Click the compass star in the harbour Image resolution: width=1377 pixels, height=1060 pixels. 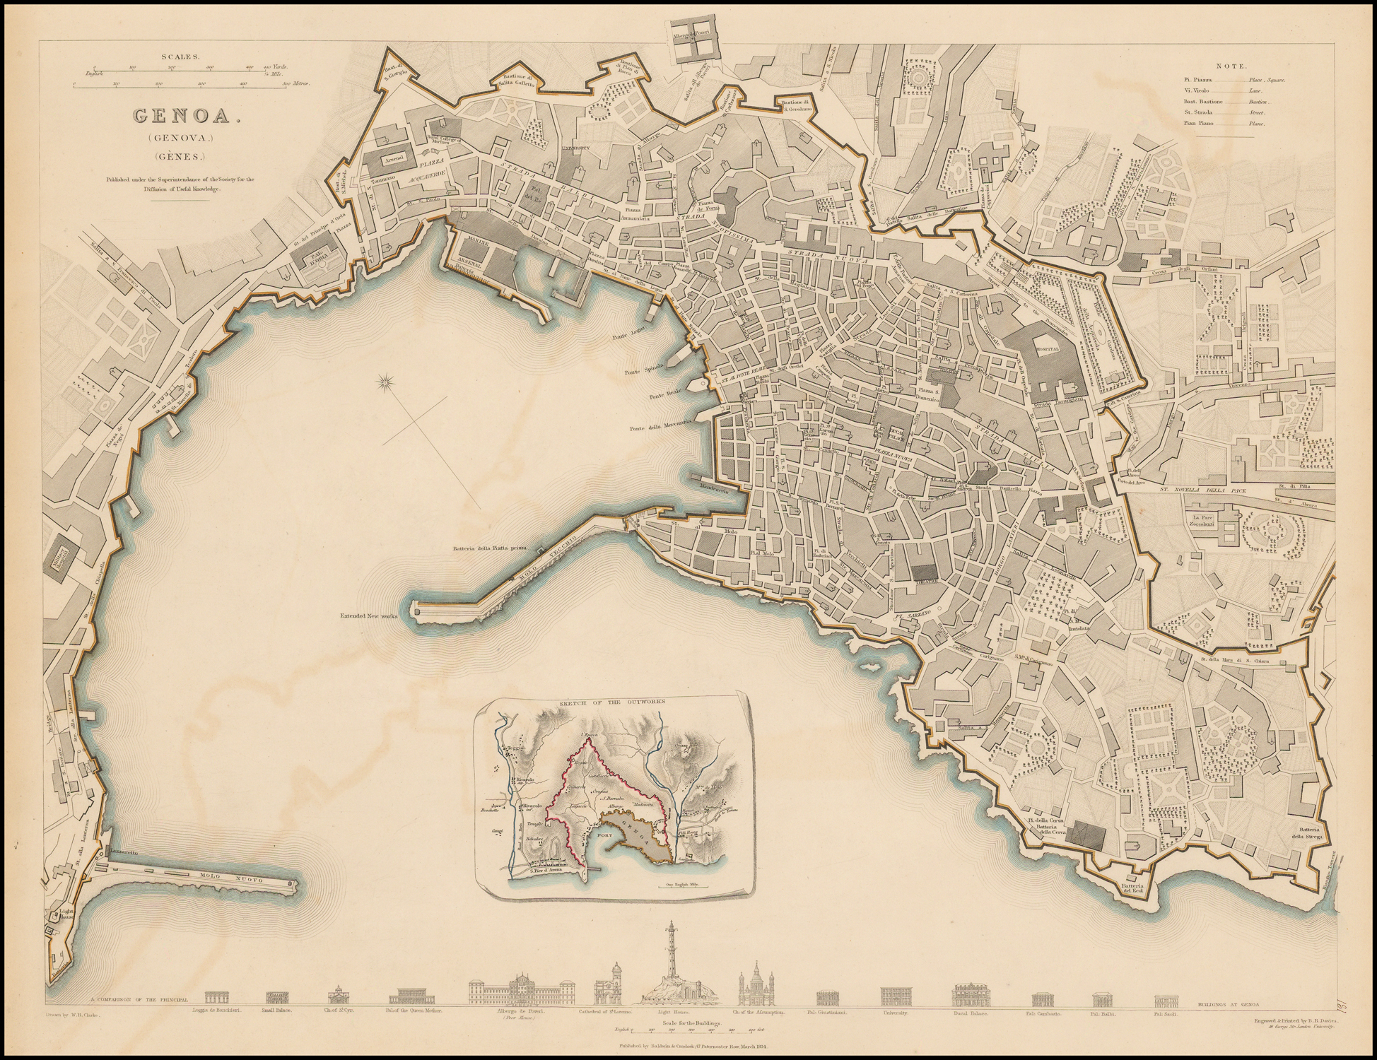387,383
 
